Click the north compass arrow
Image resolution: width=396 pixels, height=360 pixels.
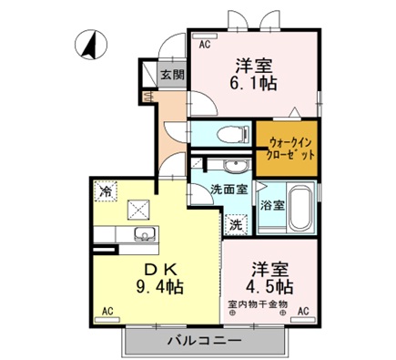click(x=88, y=44)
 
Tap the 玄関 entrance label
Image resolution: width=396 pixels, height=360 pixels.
click(x=171, y=75)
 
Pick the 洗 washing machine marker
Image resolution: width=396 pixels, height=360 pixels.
click(x=234, y=223)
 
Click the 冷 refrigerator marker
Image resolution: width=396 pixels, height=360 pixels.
click(x=107, y=191)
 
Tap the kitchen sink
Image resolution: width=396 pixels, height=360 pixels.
click(x=144, y=238)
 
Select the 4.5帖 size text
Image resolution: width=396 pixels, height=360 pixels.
click(x=270, y=283)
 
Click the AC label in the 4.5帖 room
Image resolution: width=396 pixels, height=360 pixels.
click(x=302, y=311)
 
